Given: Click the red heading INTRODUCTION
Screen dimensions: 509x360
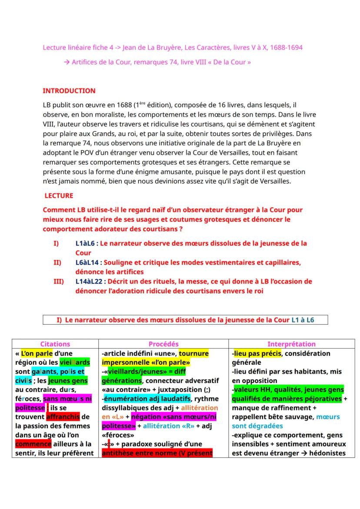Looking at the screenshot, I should coord(69,91).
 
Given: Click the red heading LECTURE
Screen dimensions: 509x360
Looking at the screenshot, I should coord(59,196).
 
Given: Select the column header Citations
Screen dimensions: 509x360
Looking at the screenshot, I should coord(55,344).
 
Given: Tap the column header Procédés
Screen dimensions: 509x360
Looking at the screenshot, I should coord(163,344).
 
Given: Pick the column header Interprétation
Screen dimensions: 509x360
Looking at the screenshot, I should coord(291,344).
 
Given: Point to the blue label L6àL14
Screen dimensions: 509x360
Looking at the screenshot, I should coord(89,263).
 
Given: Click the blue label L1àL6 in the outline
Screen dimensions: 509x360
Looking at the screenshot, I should coord(87,243).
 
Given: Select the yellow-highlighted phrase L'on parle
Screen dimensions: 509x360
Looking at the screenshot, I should coord(37,353).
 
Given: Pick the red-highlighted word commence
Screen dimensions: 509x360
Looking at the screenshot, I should coord(33,444).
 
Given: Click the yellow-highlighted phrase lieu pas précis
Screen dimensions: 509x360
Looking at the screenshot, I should coord(257,353).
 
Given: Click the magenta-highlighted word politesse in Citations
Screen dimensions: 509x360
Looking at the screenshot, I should coord(30,408).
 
